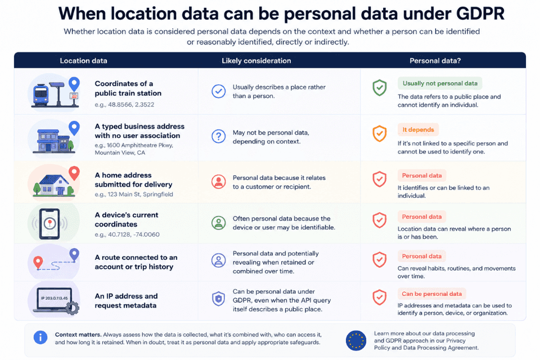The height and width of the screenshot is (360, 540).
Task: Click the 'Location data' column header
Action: [x=83, y=61]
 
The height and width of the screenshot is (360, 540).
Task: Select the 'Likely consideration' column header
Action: [x=256, y=61]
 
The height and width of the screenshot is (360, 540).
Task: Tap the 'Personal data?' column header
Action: [x=435, y=61]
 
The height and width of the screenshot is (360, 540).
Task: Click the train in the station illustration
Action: [x=40, y=94]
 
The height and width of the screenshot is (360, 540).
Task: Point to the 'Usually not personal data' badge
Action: [x=440, y=83]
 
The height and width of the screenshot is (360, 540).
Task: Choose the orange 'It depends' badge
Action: [x=418, y=129]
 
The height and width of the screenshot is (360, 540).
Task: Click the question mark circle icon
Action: [x=218, y=137]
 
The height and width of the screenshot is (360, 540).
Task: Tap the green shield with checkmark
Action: [x=380, y=88]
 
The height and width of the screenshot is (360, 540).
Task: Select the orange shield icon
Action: [x=380, y=134]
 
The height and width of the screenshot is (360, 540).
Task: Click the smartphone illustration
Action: [x=49, y=223]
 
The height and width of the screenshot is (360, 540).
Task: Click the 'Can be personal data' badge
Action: [x=432, y=294]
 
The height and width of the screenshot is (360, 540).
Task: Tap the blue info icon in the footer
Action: [x=40, y=337]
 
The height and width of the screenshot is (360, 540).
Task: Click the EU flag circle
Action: [x=356, y=340]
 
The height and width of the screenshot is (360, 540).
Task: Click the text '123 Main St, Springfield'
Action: [x=140, y=194]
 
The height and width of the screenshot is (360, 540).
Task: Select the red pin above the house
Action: [x=74, y=173]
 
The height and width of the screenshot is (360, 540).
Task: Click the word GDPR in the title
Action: [x=480, y=13]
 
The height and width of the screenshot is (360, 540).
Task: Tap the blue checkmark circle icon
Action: [x=218, y=91]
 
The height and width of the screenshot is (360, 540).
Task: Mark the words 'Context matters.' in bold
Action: [x=78, y=335]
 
